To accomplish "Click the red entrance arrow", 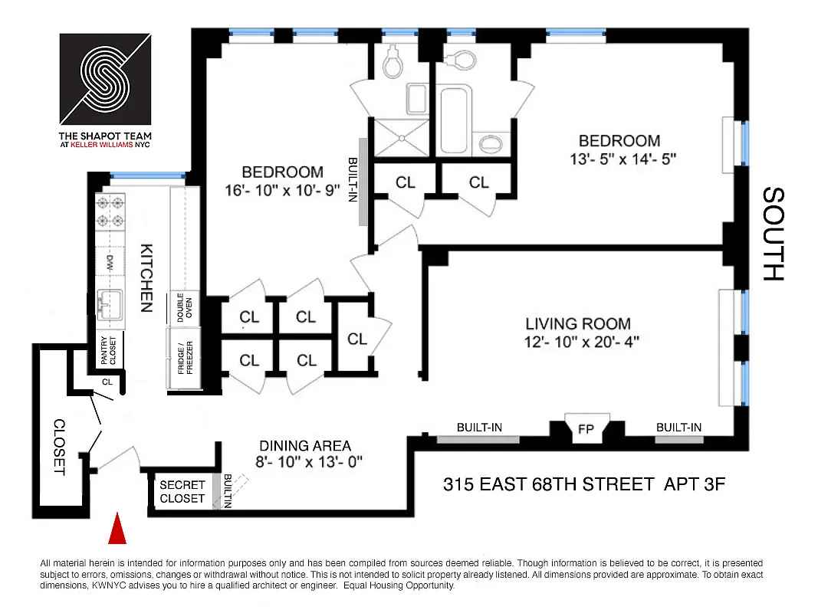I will [117, 529].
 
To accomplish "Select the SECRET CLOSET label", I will [182, 491].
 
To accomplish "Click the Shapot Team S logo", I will [107, 77].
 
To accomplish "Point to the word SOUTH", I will [774, 234].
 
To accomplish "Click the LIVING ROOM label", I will [578, 324].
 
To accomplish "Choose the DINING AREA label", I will [305, 445].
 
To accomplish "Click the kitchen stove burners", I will [110, 212].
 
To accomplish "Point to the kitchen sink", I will [110, 303].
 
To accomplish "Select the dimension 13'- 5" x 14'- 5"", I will [619, 159].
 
